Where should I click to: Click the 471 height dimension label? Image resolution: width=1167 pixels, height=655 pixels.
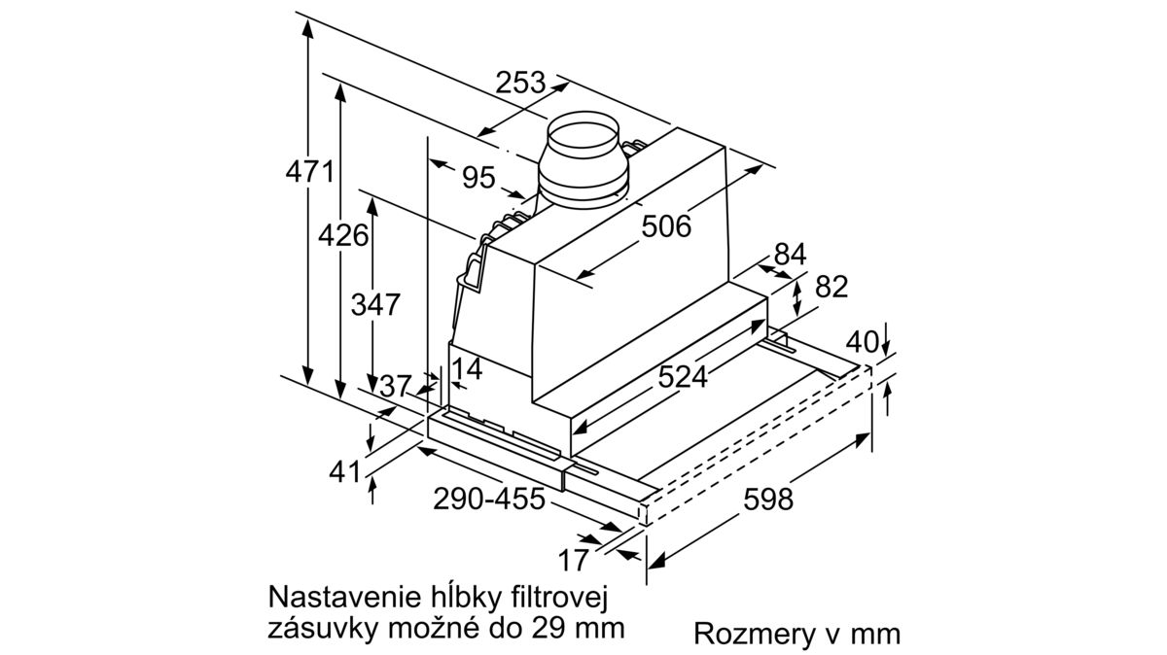[309, 172]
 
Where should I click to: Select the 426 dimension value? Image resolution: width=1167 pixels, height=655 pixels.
[343, 235]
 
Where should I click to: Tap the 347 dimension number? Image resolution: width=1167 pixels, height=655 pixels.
[375, 304]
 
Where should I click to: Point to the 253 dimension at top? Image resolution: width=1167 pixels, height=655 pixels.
[520, 83]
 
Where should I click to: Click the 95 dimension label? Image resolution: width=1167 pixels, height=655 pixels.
[478, 178]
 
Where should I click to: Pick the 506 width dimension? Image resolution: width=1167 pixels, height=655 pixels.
[666, 226]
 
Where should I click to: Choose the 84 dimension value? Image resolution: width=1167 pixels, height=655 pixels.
[790, 255]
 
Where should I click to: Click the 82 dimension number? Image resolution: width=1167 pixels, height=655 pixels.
[831, 287]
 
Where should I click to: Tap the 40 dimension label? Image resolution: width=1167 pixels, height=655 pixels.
[863, 342]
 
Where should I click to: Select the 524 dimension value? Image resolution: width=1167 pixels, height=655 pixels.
[683, 376]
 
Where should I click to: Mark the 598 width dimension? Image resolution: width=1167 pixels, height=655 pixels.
[768, 500]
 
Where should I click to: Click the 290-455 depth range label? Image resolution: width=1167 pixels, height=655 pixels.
[489, 499]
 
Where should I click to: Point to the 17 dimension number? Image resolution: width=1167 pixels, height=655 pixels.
[573, 561]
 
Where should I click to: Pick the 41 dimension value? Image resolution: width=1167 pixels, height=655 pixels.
[345, 472]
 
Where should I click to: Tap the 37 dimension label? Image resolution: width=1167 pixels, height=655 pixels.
[396, 387]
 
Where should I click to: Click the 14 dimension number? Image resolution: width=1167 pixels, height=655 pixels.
[467, 369]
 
